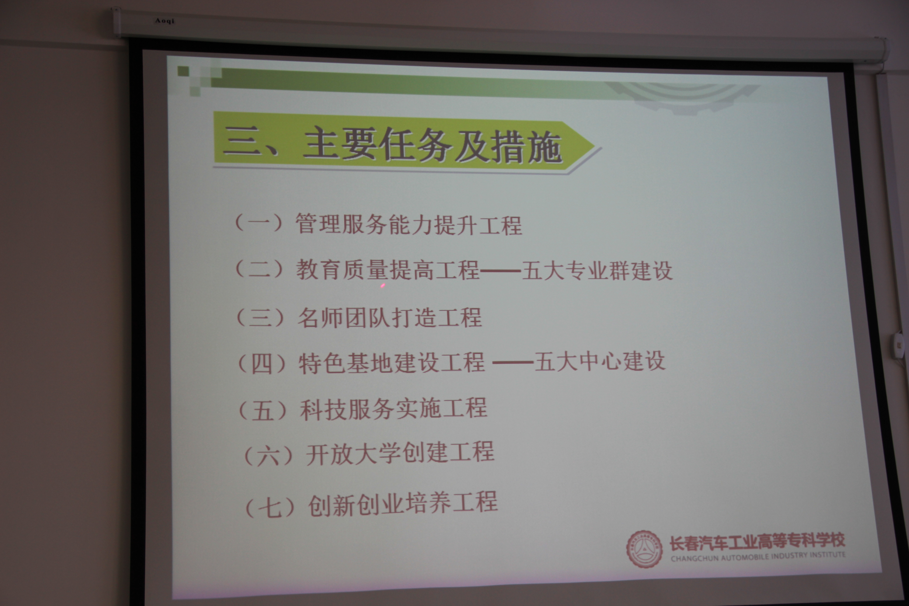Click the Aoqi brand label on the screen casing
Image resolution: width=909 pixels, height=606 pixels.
[x=165, y=21]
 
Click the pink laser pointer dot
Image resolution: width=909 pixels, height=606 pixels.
[x=383, y=286]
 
